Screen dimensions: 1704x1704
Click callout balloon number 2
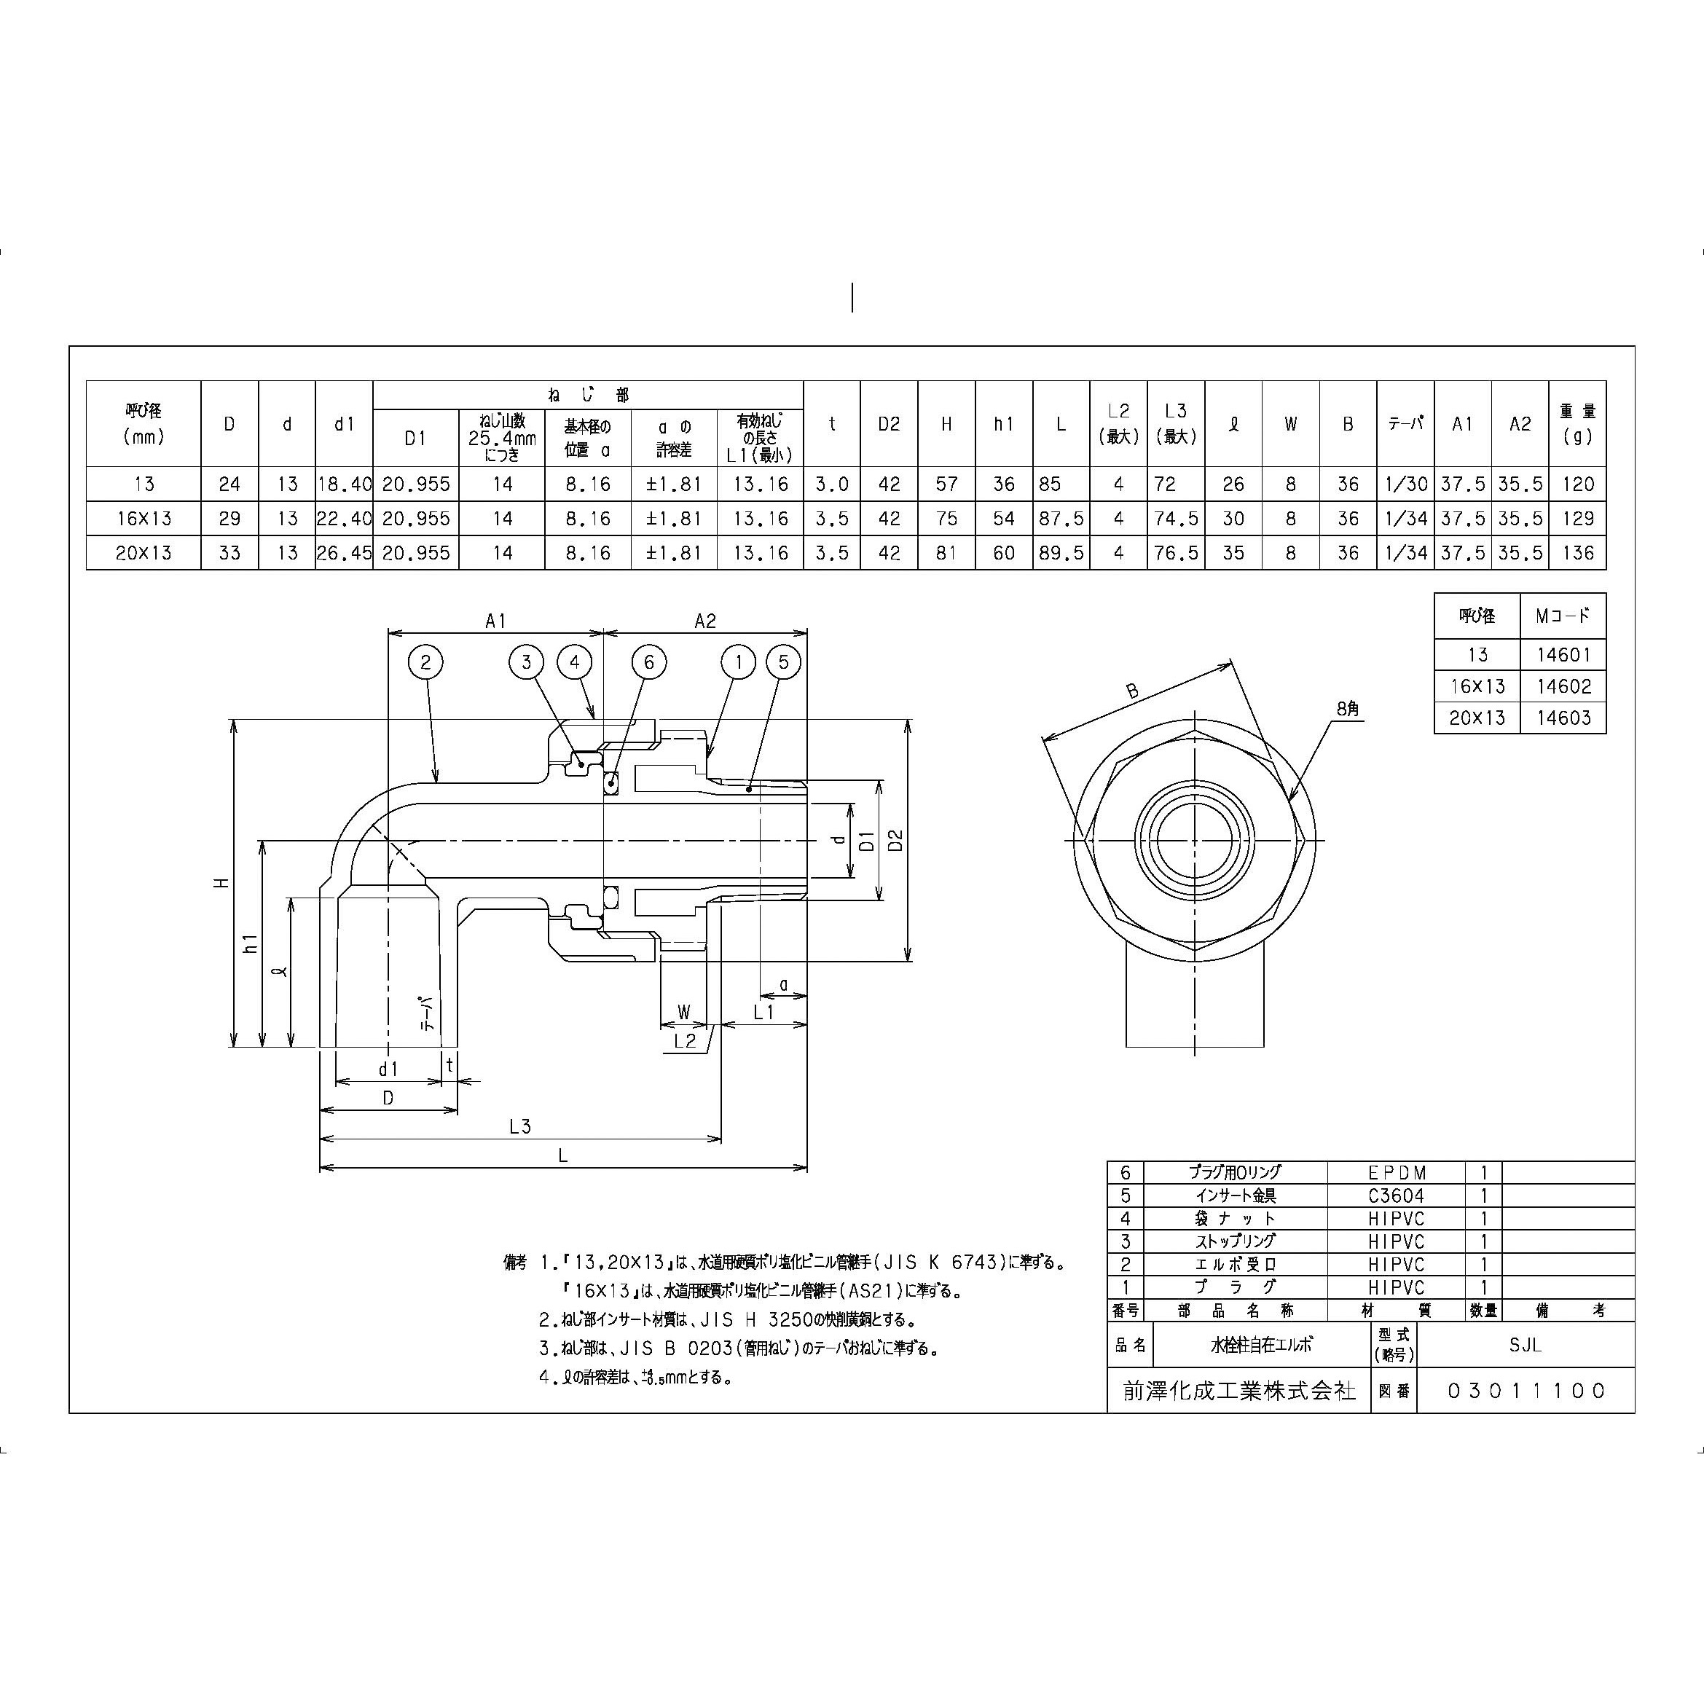pos(425,662)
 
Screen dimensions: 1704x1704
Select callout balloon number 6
pos(649,662)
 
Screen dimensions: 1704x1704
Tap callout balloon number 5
pos(783,662)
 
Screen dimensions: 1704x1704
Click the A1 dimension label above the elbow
pos(495,622)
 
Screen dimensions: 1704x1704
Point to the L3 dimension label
pos(520,1126)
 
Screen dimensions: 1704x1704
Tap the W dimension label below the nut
pos(683,1012)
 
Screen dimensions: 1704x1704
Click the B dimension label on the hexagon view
pos(1132,692)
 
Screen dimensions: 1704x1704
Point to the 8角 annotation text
pos(1348,708)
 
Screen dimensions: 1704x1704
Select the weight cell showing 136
pos(1577,553)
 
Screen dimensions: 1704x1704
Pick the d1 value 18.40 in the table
pos(344,484)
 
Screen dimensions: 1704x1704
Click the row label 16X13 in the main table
pos(144,519)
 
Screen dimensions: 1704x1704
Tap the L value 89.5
pos(1060,553)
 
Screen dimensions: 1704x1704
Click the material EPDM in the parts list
pos(1396,1173)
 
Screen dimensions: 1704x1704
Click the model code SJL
pos(1524,1345)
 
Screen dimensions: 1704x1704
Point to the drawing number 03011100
pos(1526,1391)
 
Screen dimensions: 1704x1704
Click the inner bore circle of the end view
pos(1194,840)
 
